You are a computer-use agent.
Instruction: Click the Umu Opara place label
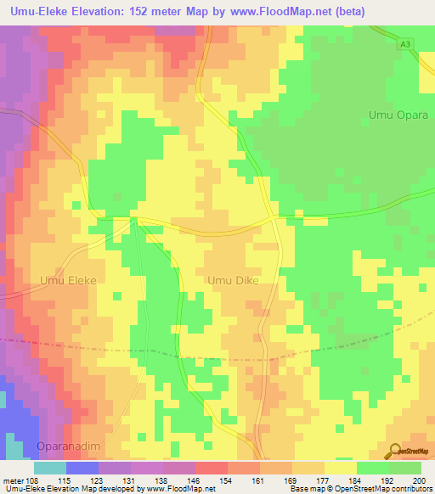pyautogui.click(x=394, y=115)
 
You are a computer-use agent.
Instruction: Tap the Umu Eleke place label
pyautogui.click(x=69, y=279)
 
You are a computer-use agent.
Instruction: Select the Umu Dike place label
pyautogui.click(x=233, y=279)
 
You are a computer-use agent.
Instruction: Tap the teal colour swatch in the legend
pyautogui.click(x=50, y=468)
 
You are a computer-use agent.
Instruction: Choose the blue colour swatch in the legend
pyautogui.click(x=82, y=468)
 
